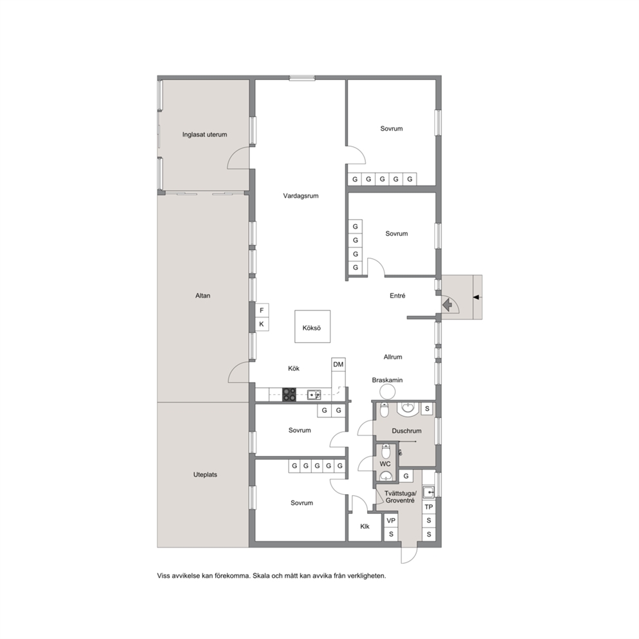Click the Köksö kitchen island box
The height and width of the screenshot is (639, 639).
click(x=312, y=327)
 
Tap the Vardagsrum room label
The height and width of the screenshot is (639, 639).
click(x=301, y=196)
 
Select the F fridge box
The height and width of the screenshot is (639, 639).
click(x=262, y=310)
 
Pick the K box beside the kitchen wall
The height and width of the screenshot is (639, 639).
click(x=262, y=325)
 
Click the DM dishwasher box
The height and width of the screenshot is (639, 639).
click(x=338, y=365)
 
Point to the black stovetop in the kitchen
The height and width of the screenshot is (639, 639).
click(x=289, y=394)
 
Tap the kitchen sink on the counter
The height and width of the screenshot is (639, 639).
click(x=314, y=394)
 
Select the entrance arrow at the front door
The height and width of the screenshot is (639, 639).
click(x=448, y=305)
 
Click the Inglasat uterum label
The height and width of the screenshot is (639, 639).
click(x=205, y=135)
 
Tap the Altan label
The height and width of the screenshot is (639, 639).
click(x=202, y=296)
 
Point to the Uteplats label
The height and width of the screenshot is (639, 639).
click(x=205, y=475)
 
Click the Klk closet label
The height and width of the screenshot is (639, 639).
click(x=365, y=526)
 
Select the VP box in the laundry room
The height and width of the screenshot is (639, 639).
click(x=391, y=520)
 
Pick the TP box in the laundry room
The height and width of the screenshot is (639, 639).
click(x=429, y=507)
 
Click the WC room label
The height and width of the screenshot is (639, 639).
click(x=385, y=464)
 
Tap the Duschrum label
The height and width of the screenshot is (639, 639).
click(x=406, y=431)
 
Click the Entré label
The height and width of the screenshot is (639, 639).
click(x=397, y=296)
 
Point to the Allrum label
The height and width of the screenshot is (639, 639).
click(x=393, y=357)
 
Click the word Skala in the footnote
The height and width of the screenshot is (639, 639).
click(x=261, y=576)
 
